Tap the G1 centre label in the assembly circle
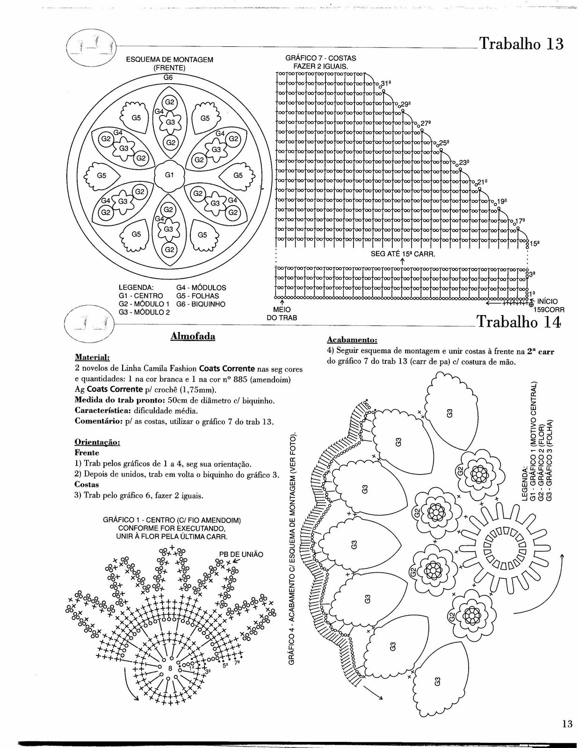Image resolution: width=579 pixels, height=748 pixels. (x=169, y=175)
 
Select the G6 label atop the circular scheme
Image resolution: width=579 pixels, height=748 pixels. (x=168, y=78)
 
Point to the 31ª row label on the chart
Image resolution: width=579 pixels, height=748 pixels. (x=385, y=83)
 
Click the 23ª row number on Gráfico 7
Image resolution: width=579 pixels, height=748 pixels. (x=463, y=162)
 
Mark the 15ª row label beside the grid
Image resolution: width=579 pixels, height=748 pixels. (x=535, y=243)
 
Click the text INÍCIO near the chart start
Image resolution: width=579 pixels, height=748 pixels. (x=548, y=302)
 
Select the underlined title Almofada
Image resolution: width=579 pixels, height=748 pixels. (x=193, y=336)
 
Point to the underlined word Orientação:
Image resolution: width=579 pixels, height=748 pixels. (x=97, y=442)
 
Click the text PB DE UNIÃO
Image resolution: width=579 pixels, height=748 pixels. (x=241, y=554)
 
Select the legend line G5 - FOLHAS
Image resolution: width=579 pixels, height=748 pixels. (x=197, y=296)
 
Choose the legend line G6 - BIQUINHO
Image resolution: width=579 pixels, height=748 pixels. (x=201, y=304)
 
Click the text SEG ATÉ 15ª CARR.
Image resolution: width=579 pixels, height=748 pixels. (x=403, y=255)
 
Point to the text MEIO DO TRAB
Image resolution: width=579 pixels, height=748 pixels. (x=282, y=314)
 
